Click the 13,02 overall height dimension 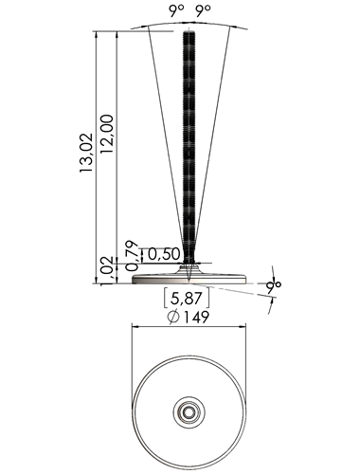[86, 153]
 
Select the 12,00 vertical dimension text [107, 134]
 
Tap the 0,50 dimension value [164, 254]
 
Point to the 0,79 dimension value [132, 256]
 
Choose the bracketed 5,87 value [187, 298]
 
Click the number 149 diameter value [196, 317]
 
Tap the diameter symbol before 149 [174, 317]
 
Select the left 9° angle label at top [176, 11]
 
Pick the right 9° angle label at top [203, 11]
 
